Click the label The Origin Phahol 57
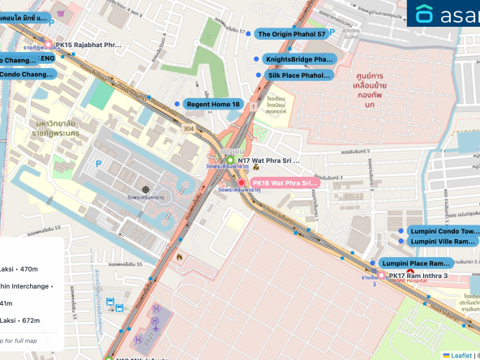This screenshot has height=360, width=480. pyautogui.click(x=291, y=34)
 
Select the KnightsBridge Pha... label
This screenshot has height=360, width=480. pyautogui.click(x=298, y=59)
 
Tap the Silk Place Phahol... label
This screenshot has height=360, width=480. pyautogui.click(x=298, y=75)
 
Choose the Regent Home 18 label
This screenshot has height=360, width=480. pyautogui.click(x=213, y=105)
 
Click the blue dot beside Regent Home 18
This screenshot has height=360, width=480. pyautogui.click(x=178, y=105)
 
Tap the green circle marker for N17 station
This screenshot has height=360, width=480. pyautogui.click(x=229, y=161)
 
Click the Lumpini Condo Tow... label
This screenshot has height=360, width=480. pyautogui.click(x=441, y=231)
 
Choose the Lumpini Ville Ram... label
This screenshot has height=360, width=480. pyautogui.click(x=441, y=242)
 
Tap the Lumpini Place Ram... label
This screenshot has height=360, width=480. pyautogui.click(x=415, y=264)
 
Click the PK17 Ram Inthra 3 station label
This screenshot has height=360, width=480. pyautogui.click(x=429, y=276)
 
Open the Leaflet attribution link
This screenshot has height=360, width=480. pyautogui.click(x=460, y=355)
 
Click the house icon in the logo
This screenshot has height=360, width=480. pyautogui.click(x=425, y=14)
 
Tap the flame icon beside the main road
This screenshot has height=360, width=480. pyautogui.click(x=180, y=256)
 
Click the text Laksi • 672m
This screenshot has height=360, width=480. pyautogui.click(x=16, y=319)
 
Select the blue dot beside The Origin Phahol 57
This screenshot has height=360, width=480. pyautogui.click(x=248, y=34)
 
